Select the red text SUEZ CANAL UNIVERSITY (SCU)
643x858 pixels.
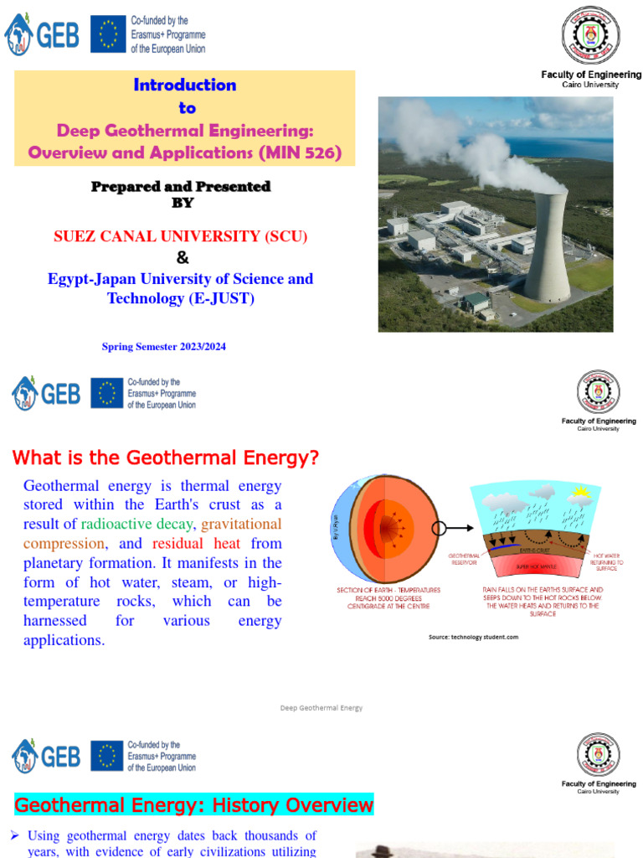[x=180, y=236]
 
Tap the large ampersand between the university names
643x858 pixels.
[x=182, y=257]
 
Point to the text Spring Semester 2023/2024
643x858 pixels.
[x=164, y=347]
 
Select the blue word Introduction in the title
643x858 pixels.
[x=185, y=85]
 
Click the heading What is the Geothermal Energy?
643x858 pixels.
[x=165, y=457]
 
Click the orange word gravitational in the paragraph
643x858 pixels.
[x=242, y=524]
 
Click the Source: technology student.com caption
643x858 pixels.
[x=474, y=637]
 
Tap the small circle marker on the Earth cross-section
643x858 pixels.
[x=440, y=529]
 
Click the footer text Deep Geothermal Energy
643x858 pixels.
[x=321, y=708]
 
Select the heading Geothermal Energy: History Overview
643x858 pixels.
[x=193, y=805]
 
